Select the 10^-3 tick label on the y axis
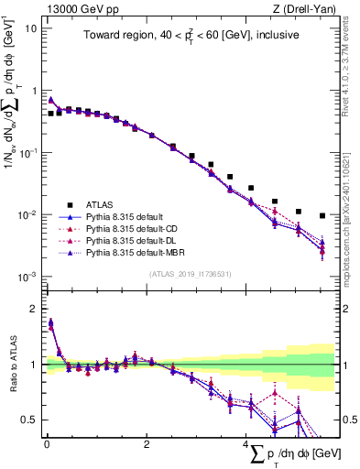click(x=27, y=277)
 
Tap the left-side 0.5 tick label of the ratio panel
click(x=27, y=420)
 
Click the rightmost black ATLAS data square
click(x=322, y=216)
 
